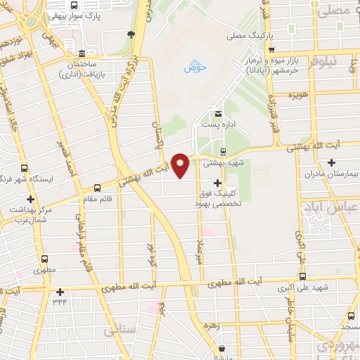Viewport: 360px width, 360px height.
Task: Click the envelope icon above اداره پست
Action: [x=218, y=113]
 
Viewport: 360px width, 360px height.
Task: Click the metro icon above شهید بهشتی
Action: [x=223, y=150]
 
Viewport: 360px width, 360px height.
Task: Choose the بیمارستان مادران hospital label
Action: [x=330, y=172]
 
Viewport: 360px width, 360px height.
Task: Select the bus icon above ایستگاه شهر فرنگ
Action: [x=25, y=169]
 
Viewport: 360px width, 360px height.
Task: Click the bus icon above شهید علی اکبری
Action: [x=303, y=276]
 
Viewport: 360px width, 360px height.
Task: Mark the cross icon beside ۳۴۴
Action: [x=60, y=292]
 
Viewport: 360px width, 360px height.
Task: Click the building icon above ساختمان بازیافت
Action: [x=82, y=54]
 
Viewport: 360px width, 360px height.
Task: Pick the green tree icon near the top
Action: [x=130, y=34]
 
